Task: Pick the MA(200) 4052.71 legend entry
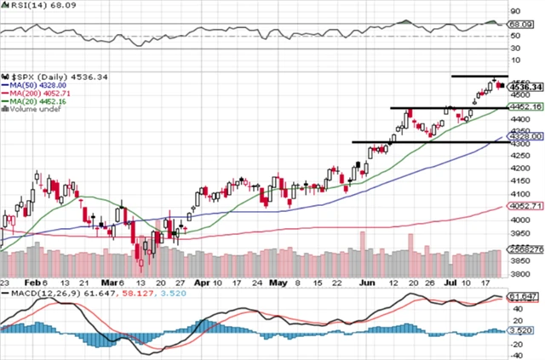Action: click(x=36, y=94)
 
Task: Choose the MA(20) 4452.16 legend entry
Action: click(x=33, y=101)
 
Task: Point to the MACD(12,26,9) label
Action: click(x=43, y=292)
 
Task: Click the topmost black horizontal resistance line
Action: click(x=478, y=77)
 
